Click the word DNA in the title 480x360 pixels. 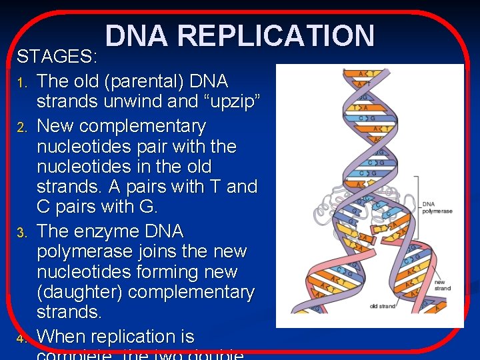click(137, 36)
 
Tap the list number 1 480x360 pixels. click(21, 83)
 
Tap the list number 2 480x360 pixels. click(21, 127)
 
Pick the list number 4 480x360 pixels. click(21, 339)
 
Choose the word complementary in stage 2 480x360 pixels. click(139, 126)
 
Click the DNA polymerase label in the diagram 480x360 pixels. click(437, 207)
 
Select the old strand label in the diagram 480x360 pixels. click(383, 307)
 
